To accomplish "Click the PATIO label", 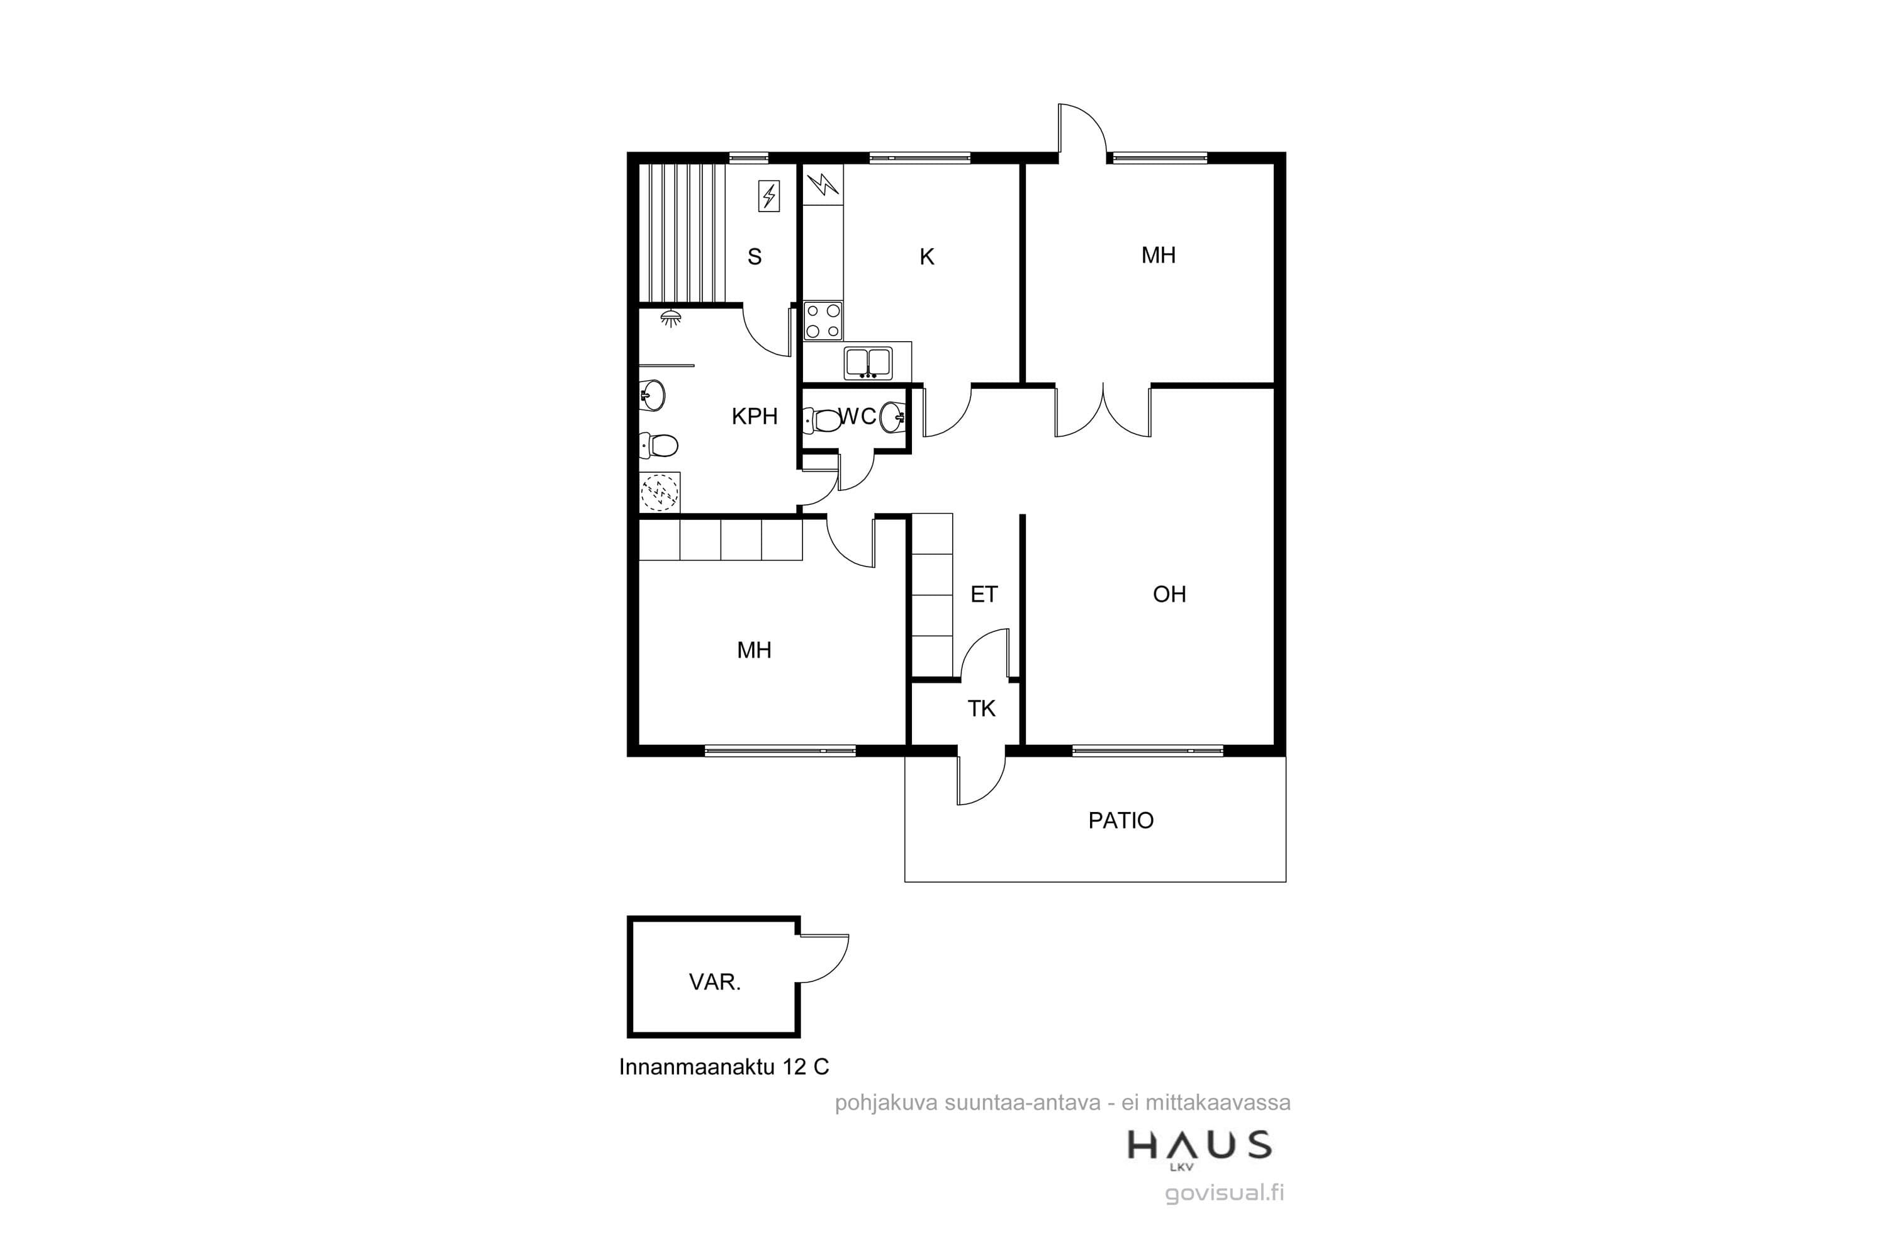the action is click(x=1121, y=821).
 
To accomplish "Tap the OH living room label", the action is click(x=1169, y=594).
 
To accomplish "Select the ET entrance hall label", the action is click(x=984, y=594).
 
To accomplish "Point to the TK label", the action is click(x=981, y=708).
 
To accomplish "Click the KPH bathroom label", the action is click(x=755, y=416).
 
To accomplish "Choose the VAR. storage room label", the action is click(x=714, y=981).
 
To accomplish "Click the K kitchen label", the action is click(x=927, y=257).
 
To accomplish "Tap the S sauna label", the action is click(x=755, y=257).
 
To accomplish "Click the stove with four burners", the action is click(x=824, y=320).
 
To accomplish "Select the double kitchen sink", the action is click(x=868, y=363).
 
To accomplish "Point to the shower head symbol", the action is click(x=671, y=318).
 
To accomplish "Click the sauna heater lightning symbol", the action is click(x=769, y=196).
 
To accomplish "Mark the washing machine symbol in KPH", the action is click(x=660, y=492).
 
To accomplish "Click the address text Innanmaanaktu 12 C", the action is click(x=723, y=1066).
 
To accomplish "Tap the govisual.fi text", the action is click(x=1224, y=1193).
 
